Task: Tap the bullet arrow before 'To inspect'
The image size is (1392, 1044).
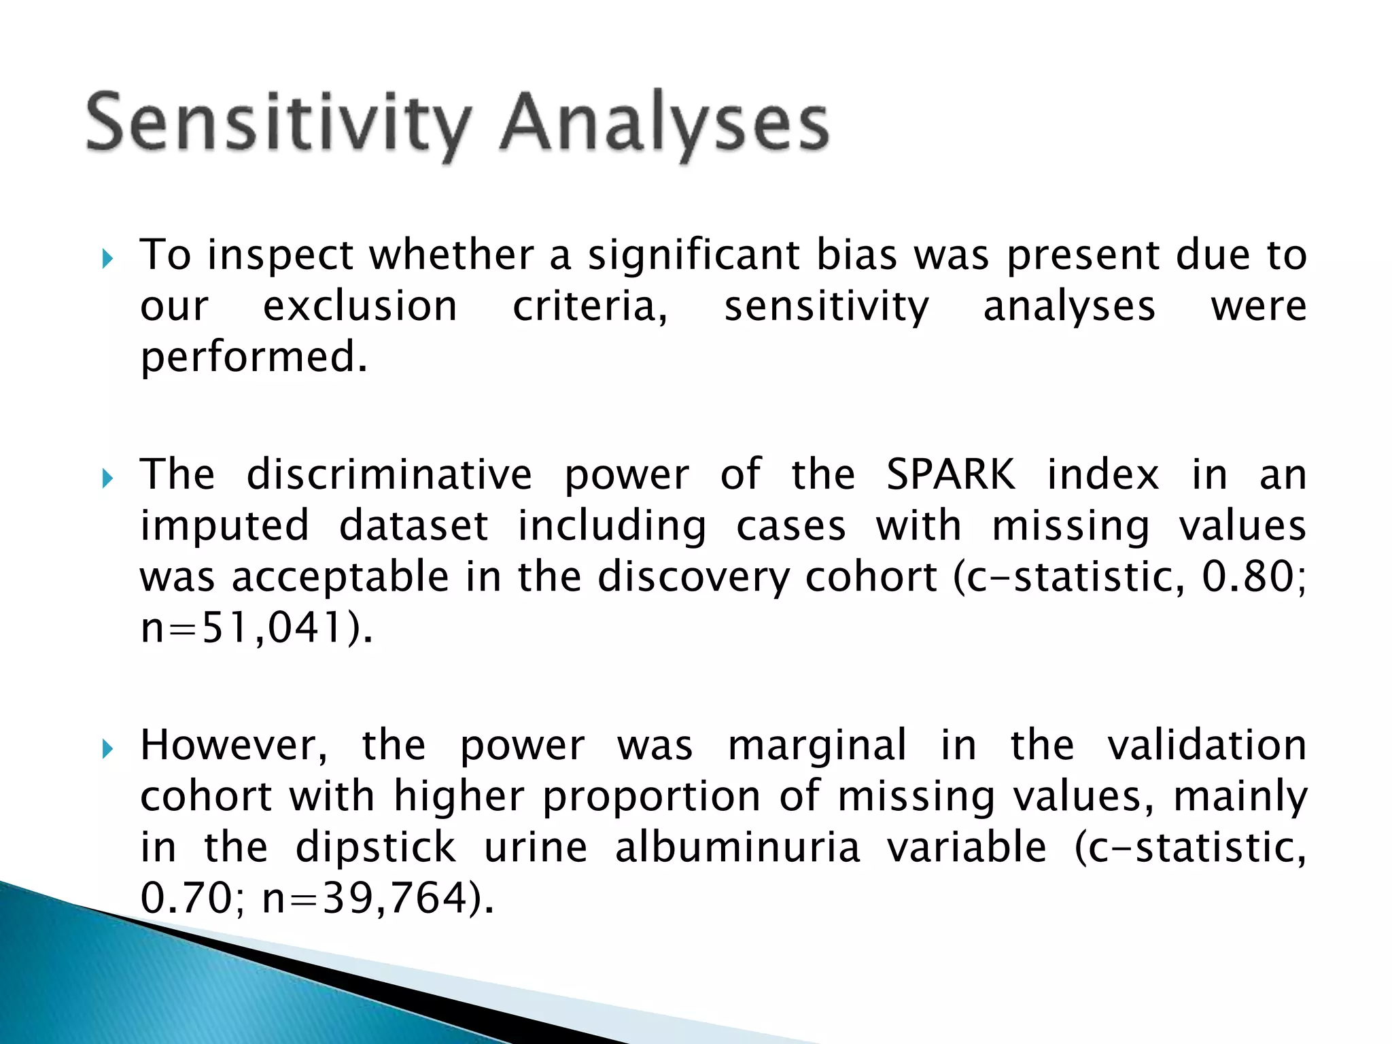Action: tap(107, 258)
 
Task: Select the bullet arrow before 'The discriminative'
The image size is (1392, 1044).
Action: tap(107, 479)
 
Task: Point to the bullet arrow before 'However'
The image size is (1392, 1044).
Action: tap(107, 749)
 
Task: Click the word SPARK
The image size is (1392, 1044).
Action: tap(950, 474)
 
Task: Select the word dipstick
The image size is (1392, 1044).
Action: tap(375, 848)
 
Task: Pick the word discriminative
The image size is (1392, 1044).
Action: tap(389, 474)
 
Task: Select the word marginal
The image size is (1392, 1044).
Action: tap(817, 746)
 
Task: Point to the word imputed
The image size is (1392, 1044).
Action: tap(225, 527)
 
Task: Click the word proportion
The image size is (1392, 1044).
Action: tap(651, 797)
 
